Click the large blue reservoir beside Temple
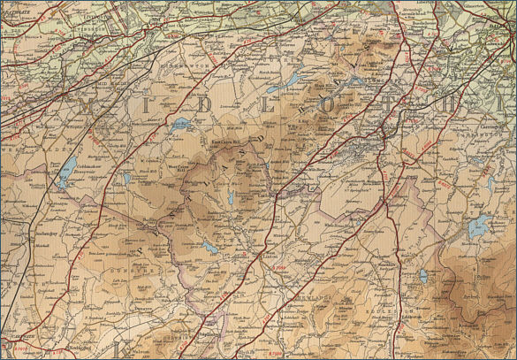pos(479,226)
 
